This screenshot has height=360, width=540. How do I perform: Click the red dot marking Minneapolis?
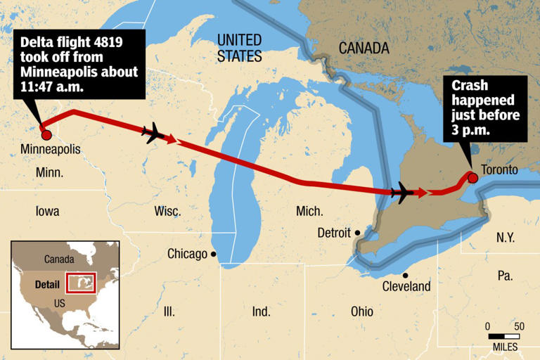(46, 134)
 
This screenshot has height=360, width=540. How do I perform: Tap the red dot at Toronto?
(473, 177)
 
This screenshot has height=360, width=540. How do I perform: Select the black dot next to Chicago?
(213, 255)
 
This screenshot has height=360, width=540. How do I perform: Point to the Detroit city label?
(334, 232)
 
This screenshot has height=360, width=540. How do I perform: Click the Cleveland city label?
(406, 287)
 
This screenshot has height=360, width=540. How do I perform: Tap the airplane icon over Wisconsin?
(153, 132)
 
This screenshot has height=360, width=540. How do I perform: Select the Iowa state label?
(47, 211)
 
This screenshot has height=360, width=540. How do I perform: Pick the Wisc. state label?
(167, 211)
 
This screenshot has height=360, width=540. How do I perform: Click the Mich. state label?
(309, 211)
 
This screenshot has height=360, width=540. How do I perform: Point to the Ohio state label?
(362, 311)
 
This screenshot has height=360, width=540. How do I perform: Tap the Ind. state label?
(261, 311)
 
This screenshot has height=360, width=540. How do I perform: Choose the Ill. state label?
(169, 311)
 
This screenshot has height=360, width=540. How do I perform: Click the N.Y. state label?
(506, 238)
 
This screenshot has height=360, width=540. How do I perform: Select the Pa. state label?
(505, 276)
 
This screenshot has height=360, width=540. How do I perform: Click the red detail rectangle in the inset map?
(80, 283)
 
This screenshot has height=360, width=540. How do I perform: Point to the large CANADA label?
(364, 49)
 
